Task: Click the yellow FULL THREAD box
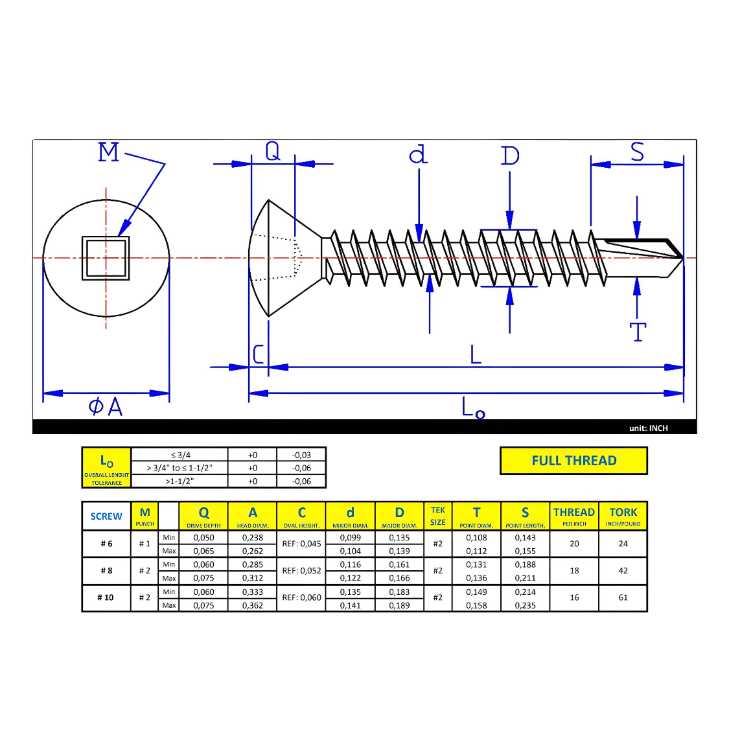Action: coord(573,461)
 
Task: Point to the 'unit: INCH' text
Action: coord(648,428)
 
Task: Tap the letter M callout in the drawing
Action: coord(109,153)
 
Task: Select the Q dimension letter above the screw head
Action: coord(273,151)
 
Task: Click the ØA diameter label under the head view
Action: coord(106,407)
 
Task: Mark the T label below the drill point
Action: coord(638,332)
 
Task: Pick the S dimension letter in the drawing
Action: coord(637,152)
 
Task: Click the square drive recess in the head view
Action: coord(106,258)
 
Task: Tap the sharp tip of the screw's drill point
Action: coord(682,258)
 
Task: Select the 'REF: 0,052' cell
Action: coord(301,571)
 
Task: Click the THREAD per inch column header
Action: coord(573,516)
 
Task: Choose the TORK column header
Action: coord(623,516)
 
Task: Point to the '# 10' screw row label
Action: coord(106,597)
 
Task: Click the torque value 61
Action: coord(623,597)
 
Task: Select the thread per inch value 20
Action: coord(574,544)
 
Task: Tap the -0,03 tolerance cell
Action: coord(301,455)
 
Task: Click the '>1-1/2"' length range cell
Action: coord(179,481)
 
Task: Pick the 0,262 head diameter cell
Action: coord(253,551)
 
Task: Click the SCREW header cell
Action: coord(106,516)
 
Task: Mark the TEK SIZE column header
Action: coord(438,516)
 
